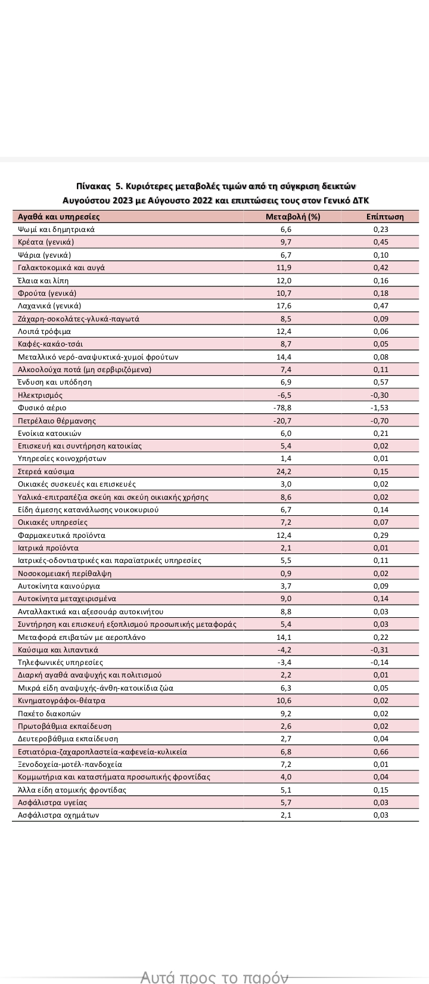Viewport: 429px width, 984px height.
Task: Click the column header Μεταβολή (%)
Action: pyautogui.click(x=293, y=216)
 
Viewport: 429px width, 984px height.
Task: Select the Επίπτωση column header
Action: pyautogui.click(x=385, y=216)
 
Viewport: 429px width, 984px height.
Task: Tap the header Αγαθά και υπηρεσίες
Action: pyautogui.click(x=59, y=216)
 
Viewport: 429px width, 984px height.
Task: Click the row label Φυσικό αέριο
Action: pyautogui.click(x=42, y=408)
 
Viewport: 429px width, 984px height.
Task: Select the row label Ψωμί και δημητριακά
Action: pyautogui.click(x=57, y=229)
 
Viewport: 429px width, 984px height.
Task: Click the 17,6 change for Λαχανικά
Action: pyautogui.click(x=286, y=306)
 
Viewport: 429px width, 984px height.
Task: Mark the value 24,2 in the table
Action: pyautogui.click(x=286, y=472)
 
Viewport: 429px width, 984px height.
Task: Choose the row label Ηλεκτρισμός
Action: pyautogui.click(x=41, y=395)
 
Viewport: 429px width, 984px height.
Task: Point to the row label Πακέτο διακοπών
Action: pyautogui.click(x=49, y=714)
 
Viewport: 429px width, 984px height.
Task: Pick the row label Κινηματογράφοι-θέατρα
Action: pyautogui.click(x=62, y=701)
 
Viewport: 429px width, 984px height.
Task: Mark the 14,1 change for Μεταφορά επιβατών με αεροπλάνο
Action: pyautogui.click(x=286, y=638)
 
